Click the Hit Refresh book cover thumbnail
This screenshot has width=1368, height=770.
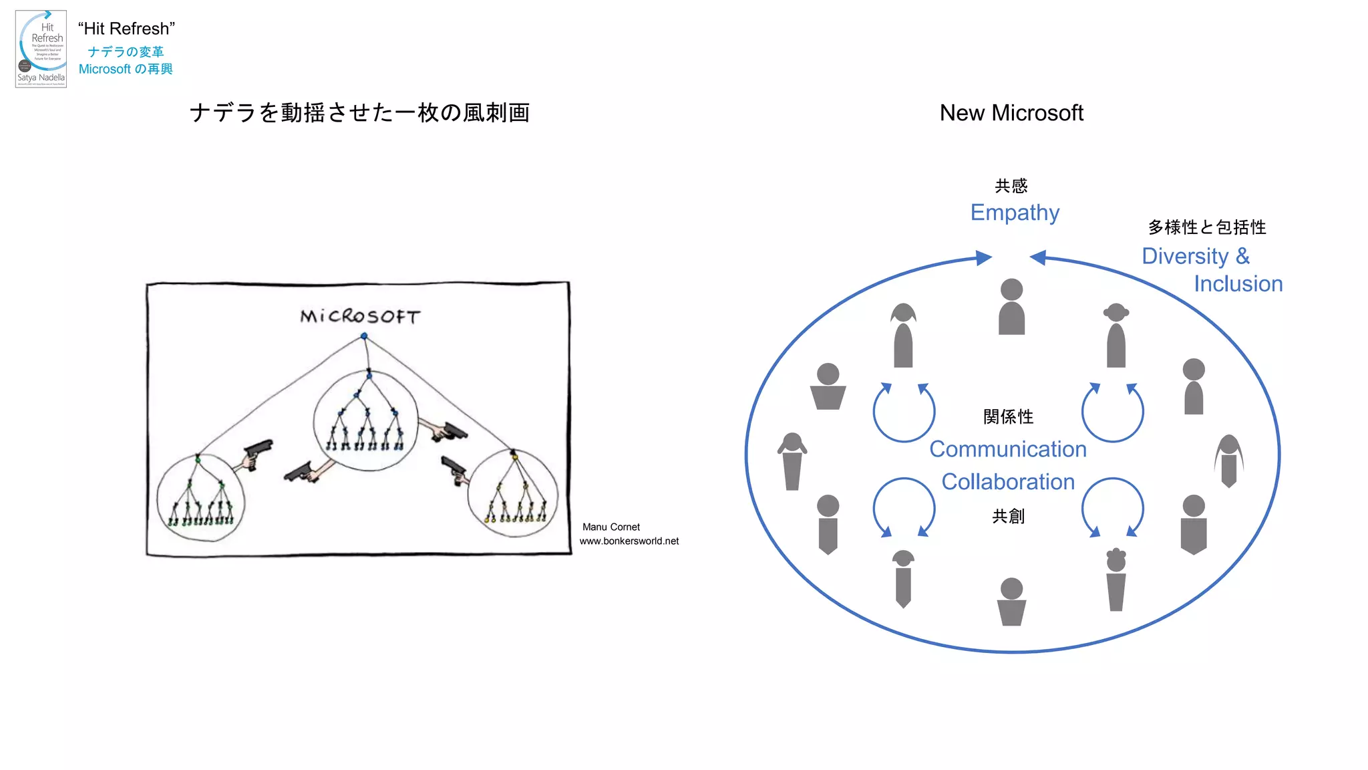click(x=41, y=49)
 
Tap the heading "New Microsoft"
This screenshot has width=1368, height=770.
click(x=1011, y=113)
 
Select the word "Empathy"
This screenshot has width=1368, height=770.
click(x=1015, y=213)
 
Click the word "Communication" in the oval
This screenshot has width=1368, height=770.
click(x=1008, y=449)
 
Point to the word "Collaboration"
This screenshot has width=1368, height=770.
click(x=1008, y=482)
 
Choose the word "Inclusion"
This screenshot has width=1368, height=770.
click(x=1238, y=284)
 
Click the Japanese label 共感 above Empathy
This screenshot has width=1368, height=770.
click(x=1011, y=186)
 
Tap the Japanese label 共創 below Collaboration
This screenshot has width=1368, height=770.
click(x=1008, y=516)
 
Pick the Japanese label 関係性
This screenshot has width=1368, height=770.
click(x=1008, y=417)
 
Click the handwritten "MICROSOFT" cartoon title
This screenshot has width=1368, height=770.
click(x=360, y=316)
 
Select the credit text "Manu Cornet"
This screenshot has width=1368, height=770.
click(x=611, y=527)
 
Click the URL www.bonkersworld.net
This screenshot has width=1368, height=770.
click(x=629, y=541)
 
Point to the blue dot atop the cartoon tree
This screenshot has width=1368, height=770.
click(x=364, y=336)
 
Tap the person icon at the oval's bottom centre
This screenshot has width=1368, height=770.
click(x=1011, y=602)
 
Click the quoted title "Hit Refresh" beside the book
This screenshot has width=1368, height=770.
click(x=126, y=29)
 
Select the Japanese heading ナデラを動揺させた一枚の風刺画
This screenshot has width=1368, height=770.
click(x=359, y=113)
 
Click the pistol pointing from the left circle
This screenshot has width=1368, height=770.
click(x=257, y=453)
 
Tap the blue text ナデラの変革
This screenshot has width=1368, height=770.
click(x=126, y=51)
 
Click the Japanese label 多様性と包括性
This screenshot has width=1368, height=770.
click(x=1206, y=227)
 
